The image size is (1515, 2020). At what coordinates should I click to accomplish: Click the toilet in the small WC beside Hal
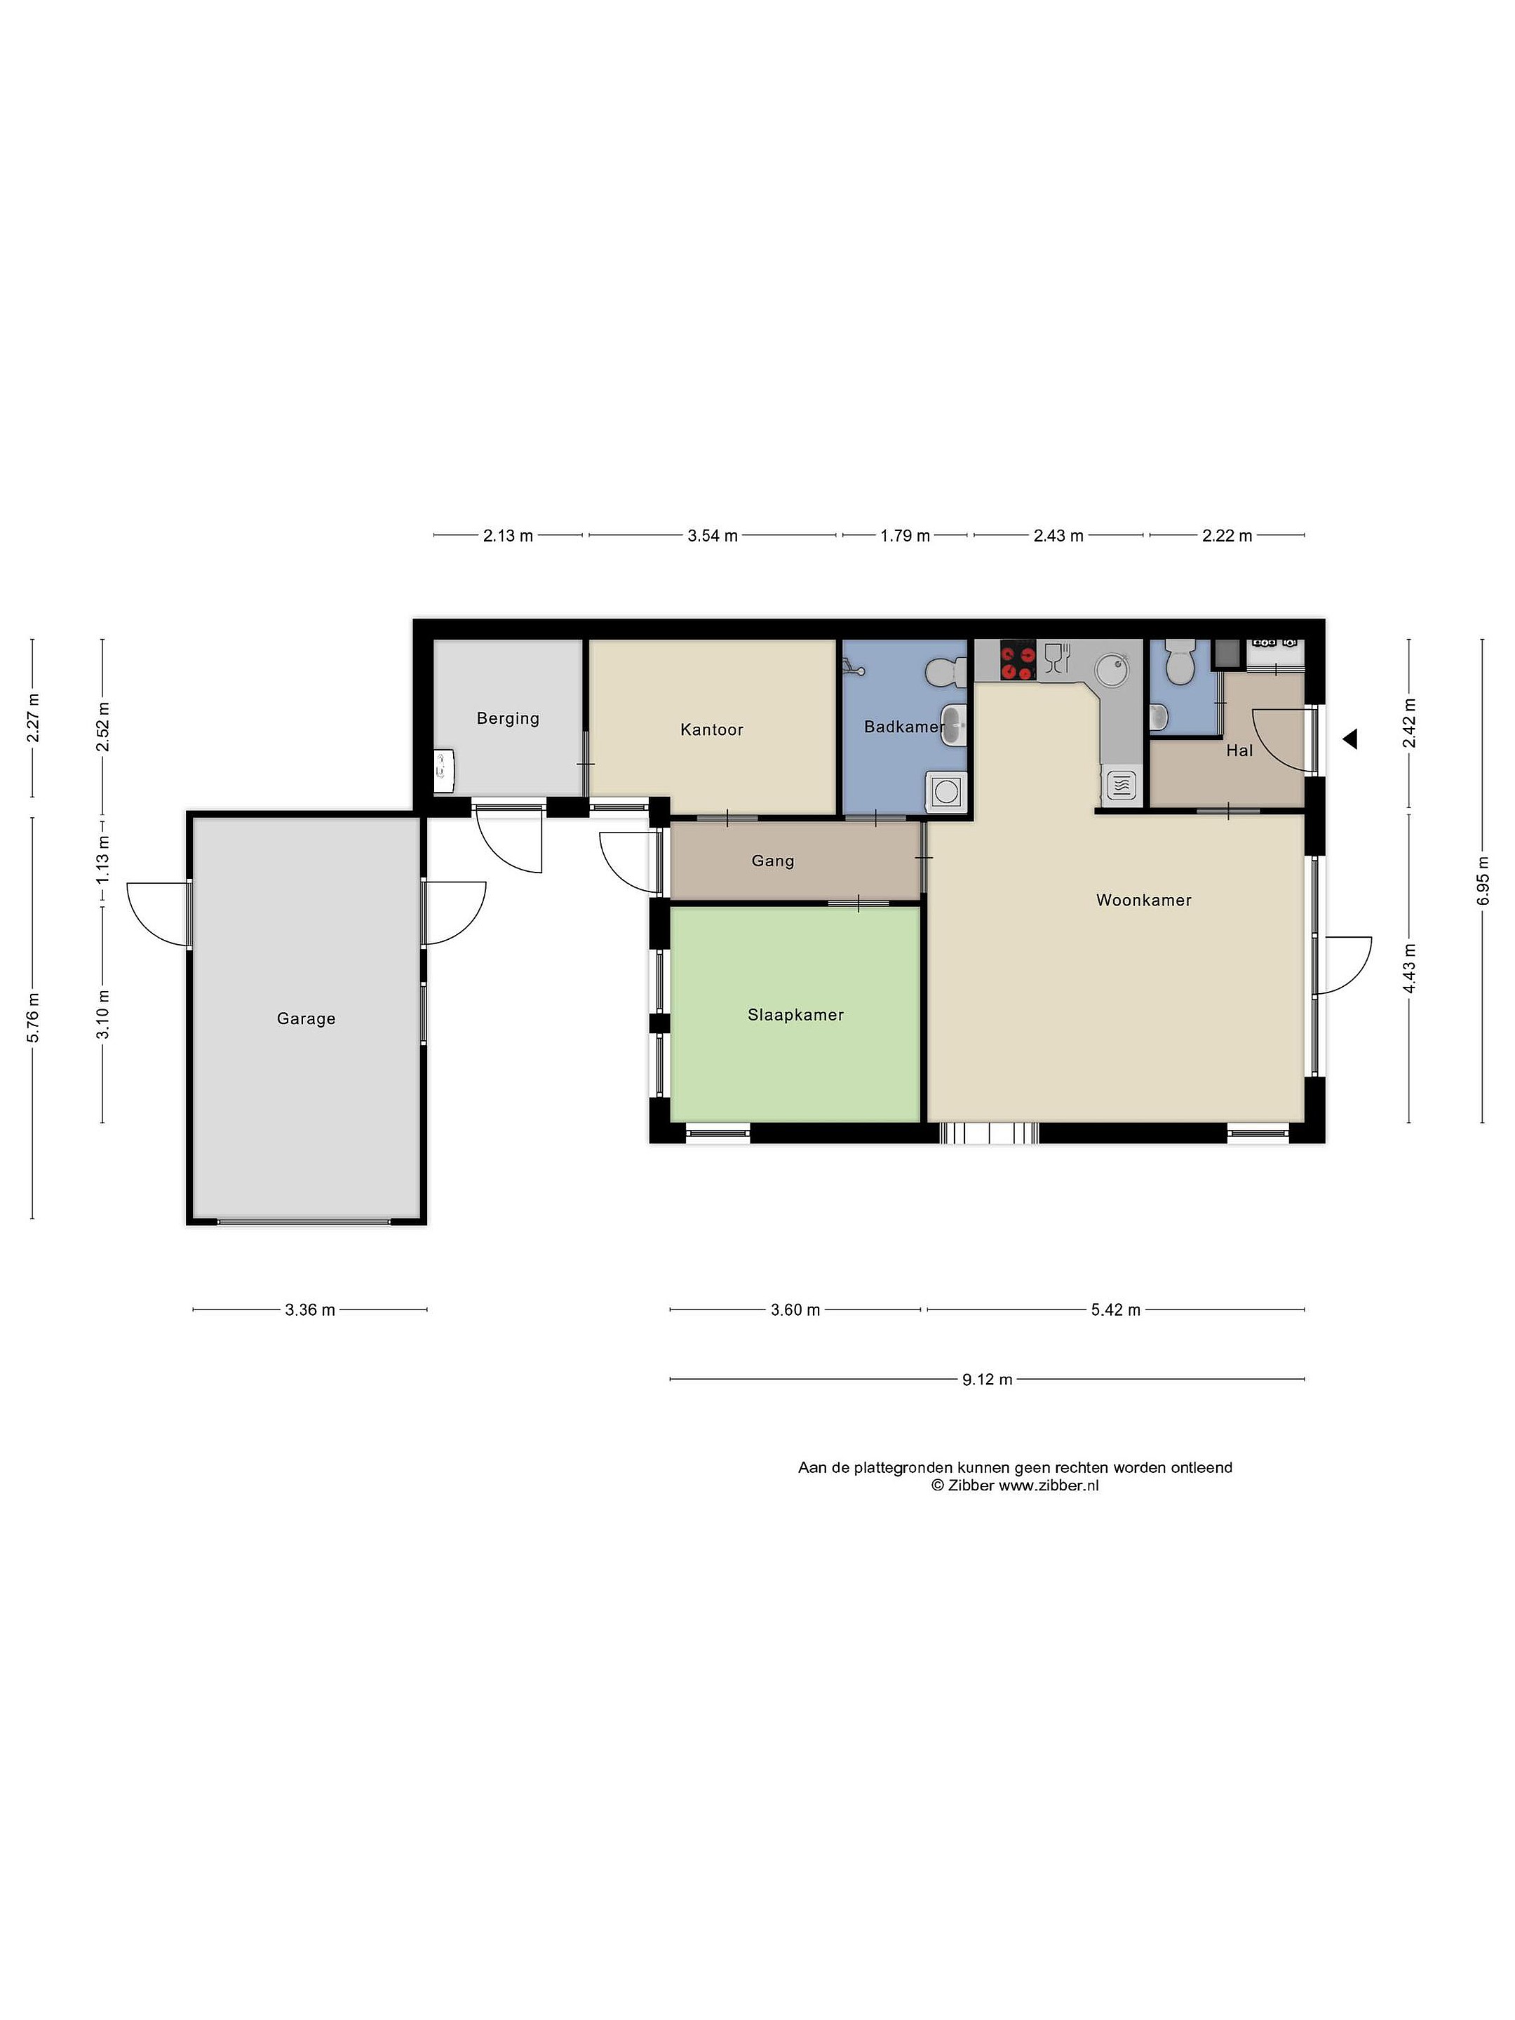point(1180,661)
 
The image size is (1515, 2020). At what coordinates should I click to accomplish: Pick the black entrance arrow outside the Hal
point(1349,739)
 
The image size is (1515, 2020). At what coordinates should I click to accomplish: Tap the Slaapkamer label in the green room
point(795,1015)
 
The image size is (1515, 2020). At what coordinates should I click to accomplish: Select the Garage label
point(306,1018)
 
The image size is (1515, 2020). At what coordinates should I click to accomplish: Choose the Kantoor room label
point(711,729)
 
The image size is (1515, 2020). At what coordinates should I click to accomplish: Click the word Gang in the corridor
point(772,860)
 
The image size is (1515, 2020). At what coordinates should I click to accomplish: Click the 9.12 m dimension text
point(987,1379)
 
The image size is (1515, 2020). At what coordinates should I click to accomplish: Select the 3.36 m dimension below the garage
point(309,1309)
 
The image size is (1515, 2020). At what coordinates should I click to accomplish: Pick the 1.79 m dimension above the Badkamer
point(905,536)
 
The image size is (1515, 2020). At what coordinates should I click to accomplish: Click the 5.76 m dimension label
point(33,1016)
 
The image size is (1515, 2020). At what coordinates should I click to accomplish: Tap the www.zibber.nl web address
point(1049,1485)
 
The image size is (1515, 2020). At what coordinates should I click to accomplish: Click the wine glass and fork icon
point(1058,657)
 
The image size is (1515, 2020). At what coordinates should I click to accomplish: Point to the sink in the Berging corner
point(444,770)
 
